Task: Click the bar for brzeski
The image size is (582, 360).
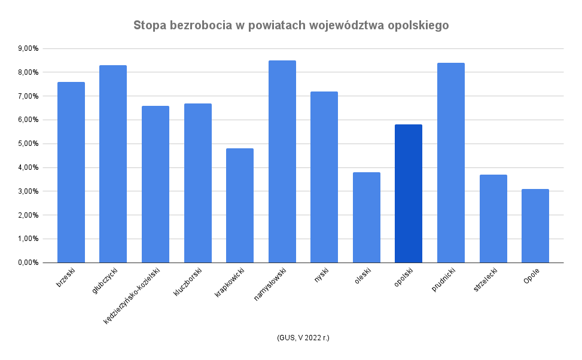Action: point(71,172)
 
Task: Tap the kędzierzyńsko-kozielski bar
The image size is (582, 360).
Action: point(156,184)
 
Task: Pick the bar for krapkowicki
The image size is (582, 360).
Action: point(240,206)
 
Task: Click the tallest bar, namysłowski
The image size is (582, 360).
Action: point(282,161)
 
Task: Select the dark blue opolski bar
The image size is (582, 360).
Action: point(409,194)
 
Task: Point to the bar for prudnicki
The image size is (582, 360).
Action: point(451,163)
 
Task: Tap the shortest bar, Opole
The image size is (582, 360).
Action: point(535,226)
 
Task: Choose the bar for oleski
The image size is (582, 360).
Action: point(367,218)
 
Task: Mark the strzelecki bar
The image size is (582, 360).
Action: point(493,219)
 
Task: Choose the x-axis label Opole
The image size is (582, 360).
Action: point(531,277)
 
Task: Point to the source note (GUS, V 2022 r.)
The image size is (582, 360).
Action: point(303,338)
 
